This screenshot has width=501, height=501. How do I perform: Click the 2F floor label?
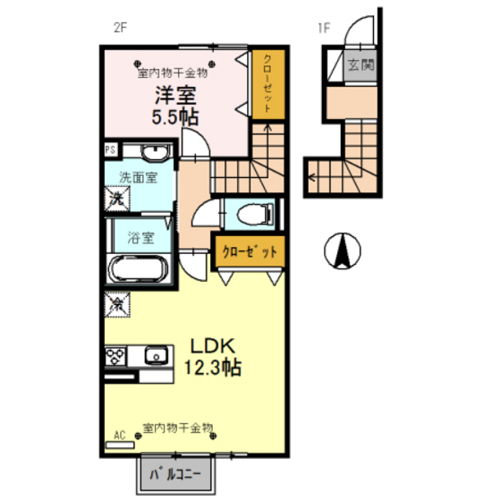pyautogui.click(x=122, y=28)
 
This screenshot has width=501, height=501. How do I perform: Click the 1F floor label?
pyautogui.click(x=323, y=28)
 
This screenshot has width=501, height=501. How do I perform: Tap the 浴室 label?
pyautogui.click(x=140, y=238)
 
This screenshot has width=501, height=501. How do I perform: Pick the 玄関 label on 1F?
pyautogui.click(x=361, y=65)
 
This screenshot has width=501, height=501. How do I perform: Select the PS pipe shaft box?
pyautogui.click(x=110, y=150)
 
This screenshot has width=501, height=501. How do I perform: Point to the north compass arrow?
pyautogui.click(x=341, y=250)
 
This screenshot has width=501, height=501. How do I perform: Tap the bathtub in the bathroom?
pyautogui.click(x=139, y=268)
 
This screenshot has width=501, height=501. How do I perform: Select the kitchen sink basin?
pyautogui.click(x=157, y=355)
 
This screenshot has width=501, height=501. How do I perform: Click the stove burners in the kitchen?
pyautogui.click(x=117, y=355)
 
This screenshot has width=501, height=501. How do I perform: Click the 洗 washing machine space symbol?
pyautogui.click(x=116, y=199)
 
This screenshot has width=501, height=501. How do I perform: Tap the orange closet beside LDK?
pyautogui.click(x=250, y=250)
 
